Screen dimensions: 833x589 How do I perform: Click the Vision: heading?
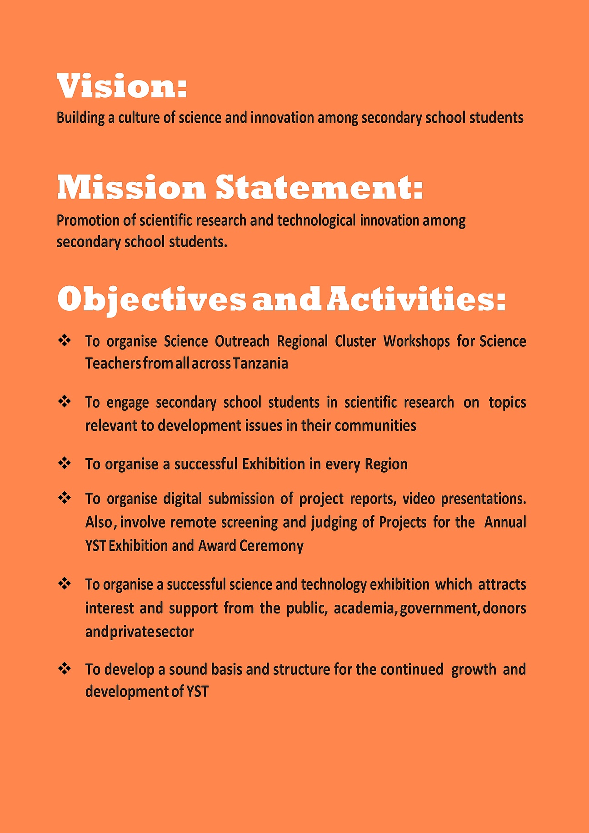coord(122,86)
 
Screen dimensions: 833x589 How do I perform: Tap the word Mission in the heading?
coord(131,188)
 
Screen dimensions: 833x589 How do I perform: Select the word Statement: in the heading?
coord(319,188)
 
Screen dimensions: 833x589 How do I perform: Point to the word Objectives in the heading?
coord(151,300)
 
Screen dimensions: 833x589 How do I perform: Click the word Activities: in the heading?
coord(416,299)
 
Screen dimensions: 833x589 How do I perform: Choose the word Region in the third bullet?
coord(386,464)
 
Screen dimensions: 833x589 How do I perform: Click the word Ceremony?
coord(271,545)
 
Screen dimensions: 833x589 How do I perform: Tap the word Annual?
coord(505,522)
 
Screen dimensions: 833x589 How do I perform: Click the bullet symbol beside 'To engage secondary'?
coord(65,402)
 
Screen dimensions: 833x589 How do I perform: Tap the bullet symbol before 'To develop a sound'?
coord(65,668)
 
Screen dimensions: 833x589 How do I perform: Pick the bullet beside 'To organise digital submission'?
coord(65,498)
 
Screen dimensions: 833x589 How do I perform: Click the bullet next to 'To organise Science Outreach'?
coord(65,340)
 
